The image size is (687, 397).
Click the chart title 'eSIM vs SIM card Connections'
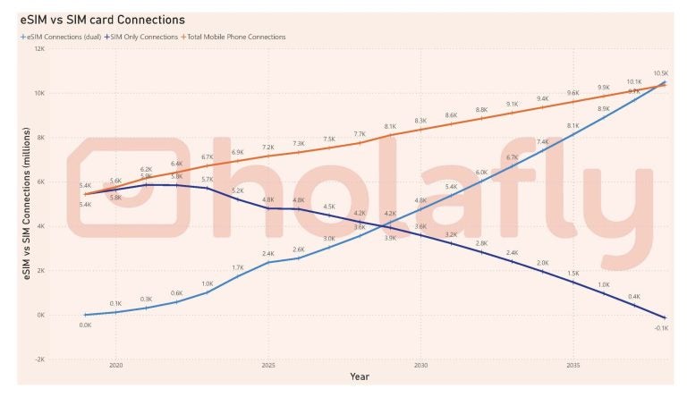[103, 19]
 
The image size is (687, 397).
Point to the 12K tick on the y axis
[39, 49]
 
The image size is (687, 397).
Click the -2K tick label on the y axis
[39, 359]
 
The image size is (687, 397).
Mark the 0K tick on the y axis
[41, 315]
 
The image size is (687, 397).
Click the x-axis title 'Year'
[360, 377]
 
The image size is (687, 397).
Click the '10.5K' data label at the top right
[661, 73]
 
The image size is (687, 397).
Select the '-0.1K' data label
[661, 328]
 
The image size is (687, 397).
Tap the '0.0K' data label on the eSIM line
[86, 325]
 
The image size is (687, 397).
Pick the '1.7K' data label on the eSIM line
[238, 267]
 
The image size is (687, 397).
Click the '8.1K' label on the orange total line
[390, 127]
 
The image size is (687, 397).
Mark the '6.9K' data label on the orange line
[238, 153]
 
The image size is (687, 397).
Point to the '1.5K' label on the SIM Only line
[572, 273]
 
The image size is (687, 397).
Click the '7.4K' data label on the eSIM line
[542, 141]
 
